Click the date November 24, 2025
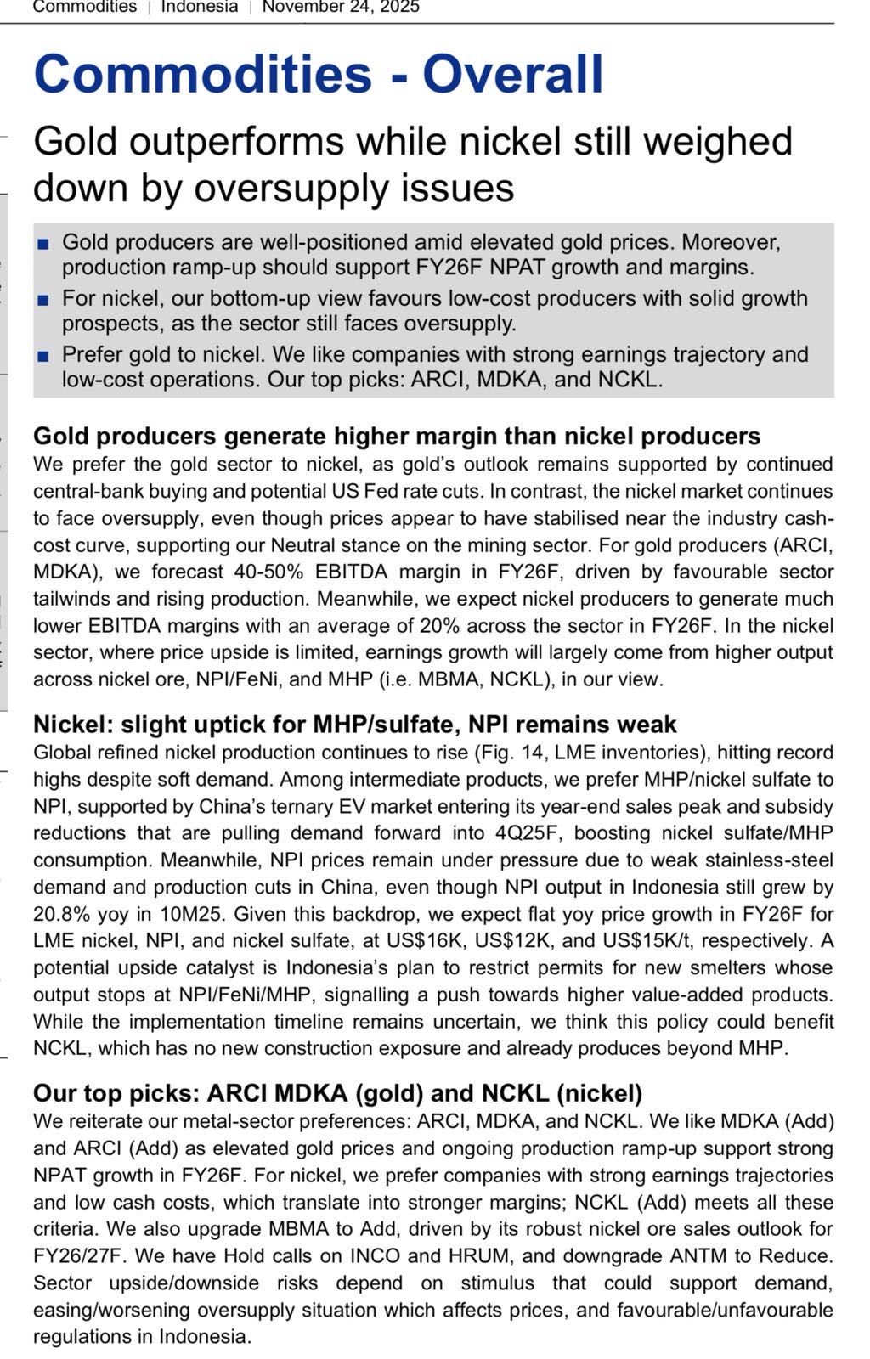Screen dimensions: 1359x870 coord(340,7)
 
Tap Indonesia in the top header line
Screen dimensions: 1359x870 coord(200,7)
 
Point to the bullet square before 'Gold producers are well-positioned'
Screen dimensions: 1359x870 coord(43,245)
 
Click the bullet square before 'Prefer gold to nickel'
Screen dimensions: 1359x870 coord(43,356)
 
